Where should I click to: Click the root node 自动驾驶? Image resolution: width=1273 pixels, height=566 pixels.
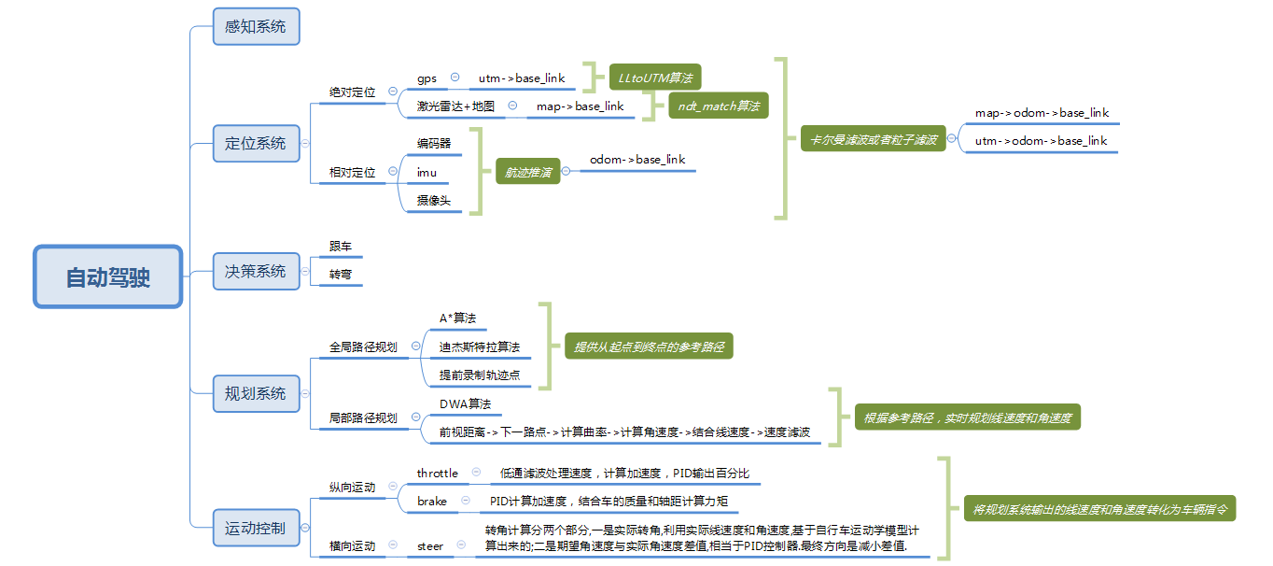click(x=107, y=276)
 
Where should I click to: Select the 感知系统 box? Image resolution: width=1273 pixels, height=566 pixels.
click(x=256, y=26)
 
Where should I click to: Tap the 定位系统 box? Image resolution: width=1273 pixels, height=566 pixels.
click(x=256, y=144)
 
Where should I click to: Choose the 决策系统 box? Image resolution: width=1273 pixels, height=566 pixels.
click(x=256, y=271)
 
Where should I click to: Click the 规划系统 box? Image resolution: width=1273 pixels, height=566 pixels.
click(x=256, y=393)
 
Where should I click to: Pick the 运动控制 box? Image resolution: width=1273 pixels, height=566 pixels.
click(x=256, y=528)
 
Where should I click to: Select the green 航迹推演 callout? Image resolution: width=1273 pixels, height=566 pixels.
click(x=528, y=172)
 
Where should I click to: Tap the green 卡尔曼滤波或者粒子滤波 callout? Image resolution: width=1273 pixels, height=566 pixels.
click(x=872, y=140)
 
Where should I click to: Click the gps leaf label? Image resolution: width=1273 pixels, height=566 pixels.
click(x=427, y=78)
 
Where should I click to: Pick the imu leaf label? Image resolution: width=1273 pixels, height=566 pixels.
click(x=427, y=173)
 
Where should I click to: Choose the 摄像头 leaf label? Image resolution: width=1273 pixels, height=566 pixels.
click(x=433, y=201)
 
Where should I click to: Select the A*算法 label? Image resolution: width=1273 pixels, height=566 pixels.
click(x=457, y=318)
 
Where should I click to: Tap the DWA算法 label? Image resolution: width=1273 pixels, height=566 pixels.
click(x=465, y=403)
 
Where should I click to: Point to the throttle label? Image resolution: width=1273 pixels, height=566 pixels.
click(x=438, y=474)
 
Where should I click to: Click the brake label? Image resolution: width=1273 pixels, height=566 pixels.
click(x=432, y=502)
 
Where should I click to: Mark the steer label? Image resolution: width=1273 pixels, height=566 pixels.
click(x=430, y=545)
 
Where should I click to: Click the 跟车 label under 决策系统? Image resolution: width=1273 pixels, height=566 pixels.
click(x=340, y=247)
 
